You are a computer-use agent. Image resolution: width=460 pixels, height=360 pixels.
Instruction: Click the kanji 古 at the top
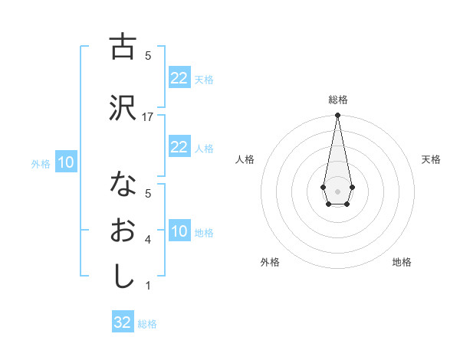tap(123, 47)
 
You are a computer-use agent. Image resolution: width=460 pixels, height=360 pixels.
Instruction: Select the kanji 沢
tap(123, 108)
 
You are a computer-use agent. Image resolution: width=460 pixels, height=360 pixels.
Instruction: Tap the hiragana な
tap(123, 185)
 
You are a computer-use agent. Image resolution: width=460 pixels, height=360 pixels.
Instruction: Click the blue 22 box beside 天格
tap(179, 78)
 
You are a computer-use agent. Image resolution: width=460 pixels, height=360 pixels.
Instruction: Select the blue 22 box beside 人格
tap(179, 147)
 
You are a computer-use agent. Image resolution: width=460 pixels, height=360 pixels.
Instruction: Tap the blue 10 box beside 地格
tap(179, 231)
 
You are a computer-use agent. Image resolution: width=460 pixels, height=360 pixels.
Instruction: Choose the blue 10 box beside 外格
tap(65, 162)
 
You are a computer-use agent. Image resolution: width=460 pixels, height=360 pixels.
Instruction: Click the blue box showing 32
tap(123, 322)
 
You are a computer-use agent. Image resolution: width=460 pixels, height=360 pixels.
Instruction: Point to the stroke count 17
tap(148, 116)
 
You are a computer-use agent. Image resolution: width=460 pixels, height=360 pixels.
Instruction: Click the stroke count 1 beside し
tap(148, 286)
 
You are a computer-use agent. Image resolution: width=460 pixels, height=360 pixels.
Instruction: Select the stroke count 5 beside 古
tap(148, 55)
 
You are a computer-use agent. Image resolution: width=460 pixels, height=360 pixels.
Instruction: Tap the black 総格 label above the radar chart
tap(337, 100)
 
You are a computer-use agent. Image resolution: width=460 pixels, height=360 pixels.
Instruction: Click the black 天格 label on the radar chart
tap(431, 159)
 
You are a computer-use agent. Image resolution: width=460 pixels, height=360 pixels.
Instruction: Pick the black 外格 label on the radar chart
tap(270, 262)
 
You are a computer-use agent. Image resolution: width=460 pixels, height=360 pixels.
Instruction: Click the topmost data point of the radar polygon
tap(337, 116)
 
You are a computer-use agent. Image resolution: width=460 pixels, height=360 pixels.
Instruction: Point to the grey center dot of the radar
tap(337, 190)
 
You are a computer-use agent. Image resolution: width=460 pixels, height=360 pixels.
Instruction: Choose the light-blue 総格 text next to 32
tap(147, 324)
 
